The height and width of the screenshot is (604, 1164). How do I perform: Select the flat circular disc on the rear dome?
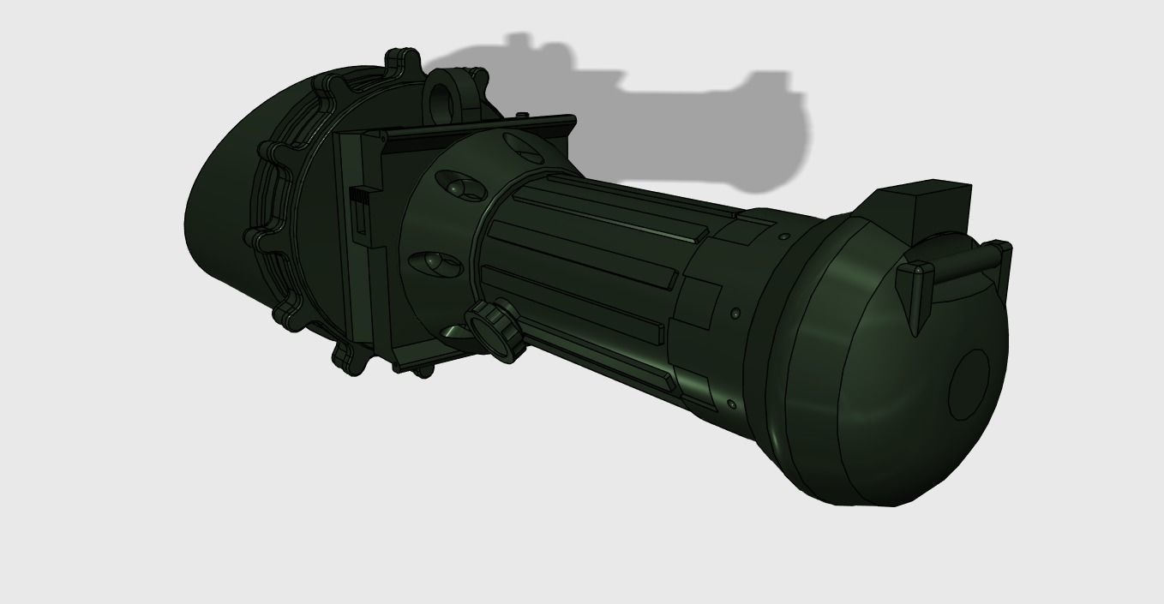pos(969,385)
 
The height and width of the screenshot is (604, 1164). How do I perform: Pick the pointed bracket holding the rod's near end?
pos(915,290)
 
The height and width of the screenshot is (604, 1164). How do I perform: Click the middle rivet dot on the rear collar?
pos(735,315)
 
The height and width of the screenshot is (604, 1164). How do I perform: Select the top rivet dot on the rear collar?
pos(783,236)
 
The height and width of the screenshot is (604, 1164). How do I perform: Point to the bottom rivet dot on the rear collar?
pos(730,404)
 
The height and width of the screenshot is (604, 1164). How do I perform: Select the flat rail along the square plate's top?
pos(480,129)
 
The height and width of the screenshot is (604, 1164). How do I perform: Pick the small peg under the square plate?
pos(423,372)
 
